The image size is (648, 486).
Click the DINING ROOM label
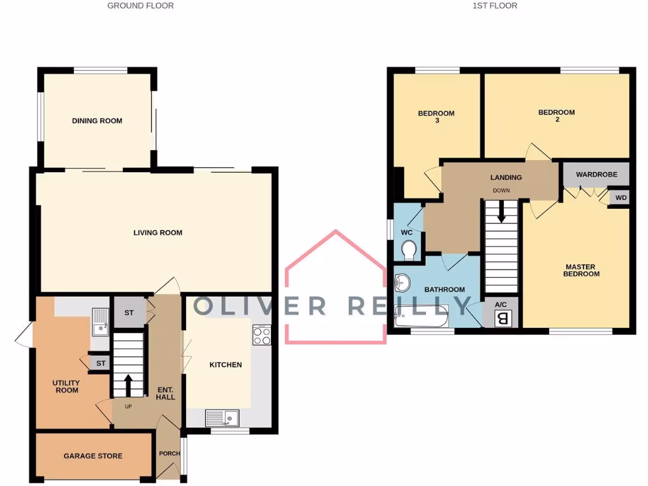click(97, 121)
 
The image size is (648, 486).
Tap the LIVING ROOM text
click(158, 233)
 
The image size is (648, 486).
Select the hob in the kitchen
click(262, 335)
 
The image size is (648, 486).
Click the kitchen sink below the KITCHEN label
click(222, 418)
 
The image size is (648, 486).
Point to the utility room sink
click(101, 321)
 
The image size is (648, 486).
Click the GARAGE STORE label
click(93, 456)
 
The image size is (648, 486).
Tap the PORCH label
click(169, 453)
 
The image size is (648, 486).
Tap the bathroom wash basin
click(402, 281)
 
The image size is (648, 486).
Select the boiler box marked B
click(503, 318)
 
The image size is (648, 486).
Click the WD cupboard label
click(621, 198)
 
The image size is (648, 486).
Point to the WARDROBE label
click(596, 175)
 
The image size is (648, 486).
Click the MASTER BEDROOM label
click(582, 270)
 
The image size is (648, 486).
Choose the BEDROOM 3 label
click(436, 116)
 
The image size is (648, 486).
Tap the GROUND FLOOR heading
click(140, 6)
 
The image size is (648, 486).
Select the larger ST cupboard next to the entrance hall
click(129, 313)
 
